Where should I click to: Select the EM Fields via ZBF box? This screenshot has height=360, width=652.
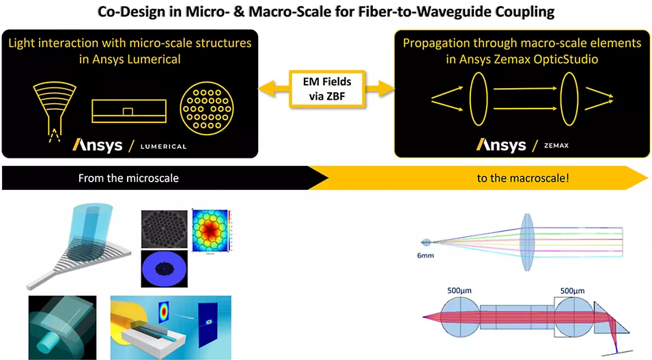(x=326, y=89)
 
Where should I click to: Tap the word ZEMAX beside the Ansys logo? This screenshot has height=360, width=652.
(x=557, y=146)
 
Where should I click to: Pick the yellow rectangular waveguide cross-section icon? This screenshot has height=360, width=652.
(x=128, y=110)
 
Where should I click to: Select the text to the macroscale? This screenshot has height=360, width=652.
(x=523, y=178)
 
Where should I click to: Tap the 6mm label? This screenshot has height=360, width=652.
(x=427, y=255)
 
